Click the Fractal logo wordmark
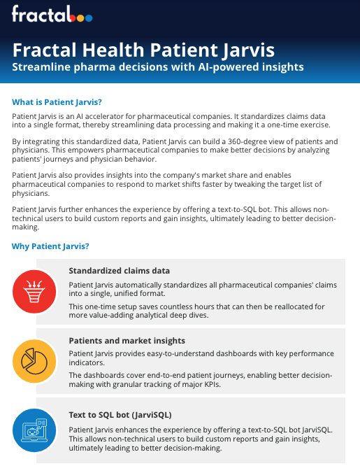point(52,14)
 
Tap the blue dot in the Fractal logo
point(89,18)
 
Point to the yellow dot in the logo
point(80,18)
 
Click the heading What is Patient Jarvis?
point(57,102)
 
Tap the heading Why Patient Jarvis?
point(50,246)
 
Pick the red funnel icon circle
point(34,291)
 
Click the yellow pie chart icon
point(34,361)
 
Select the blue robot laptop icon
point(34,430)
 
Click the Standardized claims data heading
point(120,271)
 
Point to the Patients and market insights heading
point(127,341)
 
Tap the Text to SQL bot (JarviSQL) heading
point(120,415)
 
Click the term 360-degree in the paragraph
point(245,141)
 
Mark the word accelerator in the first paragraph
point(103,116)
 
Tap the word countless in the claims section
point(175,306)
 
